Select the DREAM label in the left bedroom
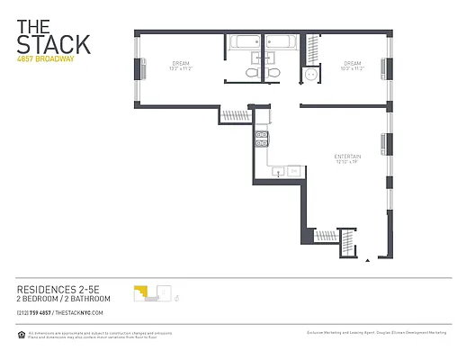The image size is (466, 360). pos(176,63)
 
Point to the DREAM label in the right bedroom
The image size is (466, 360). pos(352,63)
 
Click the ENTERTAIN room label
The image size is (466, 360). pos(346,156)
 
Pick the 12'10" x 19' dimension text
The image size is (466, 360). pos(346,162)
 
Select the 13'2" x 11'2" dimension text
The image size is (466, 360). pos(176,69)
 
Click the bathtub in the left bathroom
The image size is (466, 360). pos(243,42)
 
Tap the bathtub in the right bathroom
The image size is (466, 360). pos(279,42)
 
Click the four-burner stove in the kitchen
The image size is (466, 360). pos(262,139)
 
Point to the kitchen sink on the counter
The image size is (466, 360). pos(278,170)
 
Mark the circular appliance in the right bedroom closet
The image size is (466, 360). pos(312,76)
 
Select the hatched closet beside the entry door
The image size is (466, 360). pos(326,236)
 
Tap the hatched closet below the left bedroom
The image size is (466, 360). pos(236,114)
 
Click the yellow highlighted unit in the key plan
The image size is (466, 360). pos(140,292)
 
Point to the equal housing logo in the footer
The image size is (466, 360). pos(22,334)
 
